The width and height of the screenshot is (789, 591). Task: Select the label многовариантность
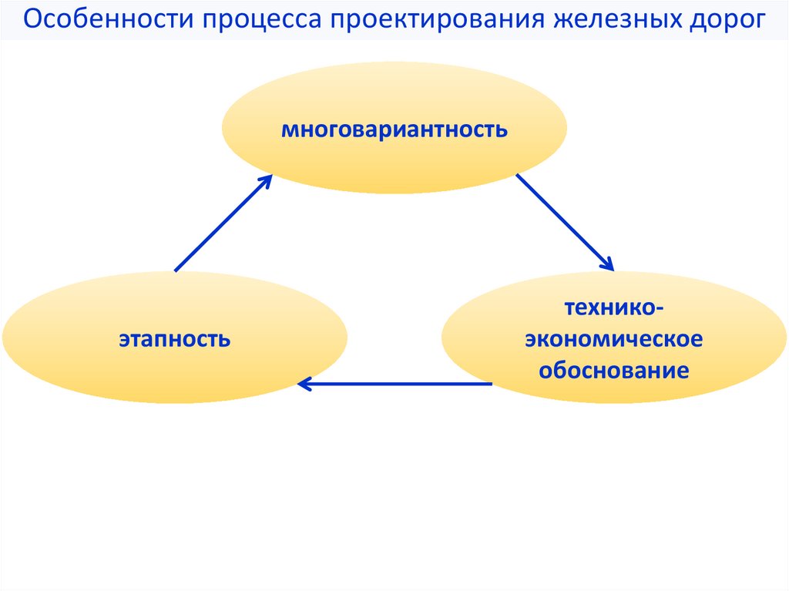(394, 128)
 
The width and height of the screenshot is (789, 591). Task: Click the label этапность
(174, 338)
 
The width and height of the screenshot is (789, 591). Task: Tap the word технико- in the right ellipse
(614, 308)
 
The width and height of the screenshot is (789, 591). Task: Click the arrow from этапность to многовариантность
(223, 223)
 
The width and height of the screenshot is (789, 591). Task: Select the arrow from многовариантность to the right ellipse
(564, 222)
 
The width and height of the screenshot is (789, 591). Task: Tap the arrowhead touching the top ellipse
(266, 180)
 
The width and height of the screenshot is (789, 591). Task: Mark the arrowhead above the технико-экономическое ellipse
(607, 264)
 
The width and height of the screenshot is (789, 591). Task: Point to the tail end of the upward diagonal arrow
(177, 270)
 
